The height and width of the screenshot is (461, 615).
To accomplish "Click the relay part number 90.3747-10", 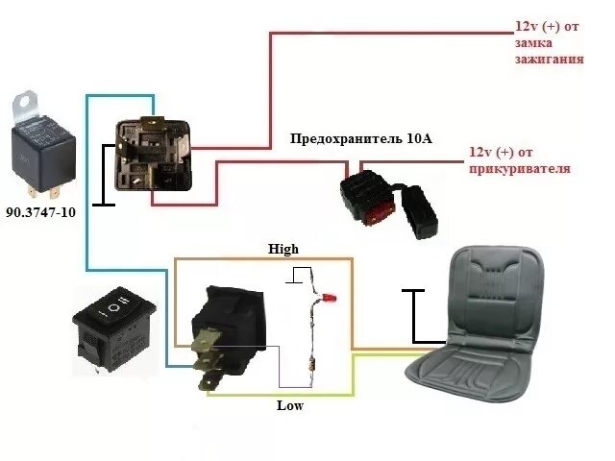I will tap(40, 212).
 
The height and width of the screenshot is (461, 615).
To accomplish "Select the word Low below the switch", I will tap(289, 405).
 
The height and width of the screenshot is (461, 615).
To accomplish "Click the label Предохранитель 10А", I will tap(361, 138).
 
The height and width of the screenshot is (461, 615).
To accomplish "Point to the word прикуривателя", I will tap(519, 169).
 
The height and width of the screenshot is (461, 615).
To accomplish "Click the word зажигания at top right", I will tap(550, 59).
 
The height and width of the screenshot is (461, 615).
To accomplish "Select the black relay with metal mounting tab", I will tap(42, 149).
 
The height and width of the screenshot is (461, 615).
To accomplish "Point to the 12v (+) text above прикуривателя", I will tap(500, 153).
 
